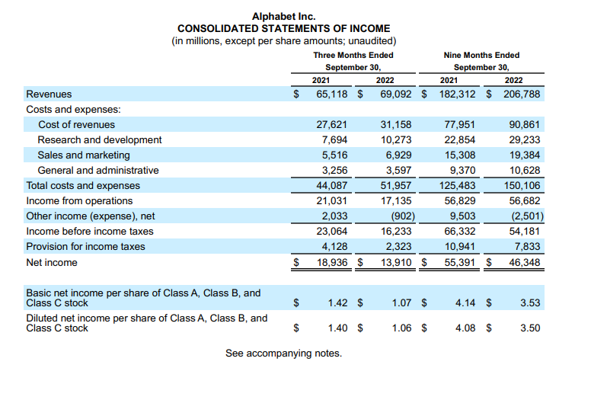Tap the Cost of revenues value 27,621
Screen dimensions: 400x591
pyautogui.click(x=331, y=124)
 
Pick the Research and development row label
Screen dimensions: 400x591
pyautogui.click(x=100, y=139)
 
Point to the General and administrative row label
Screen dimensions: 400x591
pyautogui.click(x=98, y=170)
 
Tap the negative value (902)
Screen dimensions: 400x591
pyautogui.click(x=399, y=216)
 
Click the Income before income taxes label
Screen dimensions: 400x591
pyautogui.click(x=90, y=231)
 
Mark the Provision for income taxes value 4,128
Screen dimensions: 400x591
pyautogui.click(x=333, y=246)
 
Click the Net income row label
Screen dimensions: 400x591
pyautogui.click(x=52, y=262)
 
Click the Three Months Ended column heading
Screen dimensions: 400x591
pyautogui.click(x=353, y=55)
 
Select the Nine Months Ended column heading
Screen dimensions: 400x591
pyautogui.click(x=481, y=55)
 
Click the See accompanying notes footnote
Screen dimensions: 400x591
pyautogui.click(x=283, y=354)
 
